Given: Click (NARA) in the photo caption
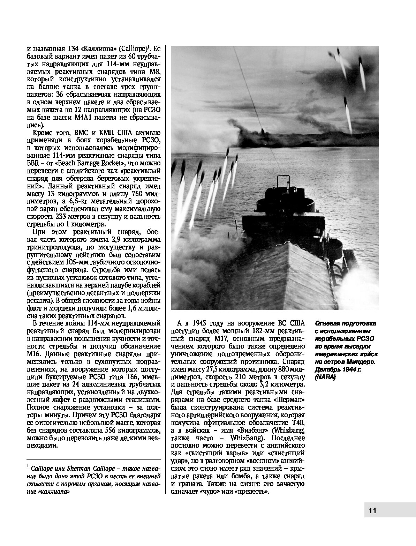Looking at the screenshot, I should point(325,377).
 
